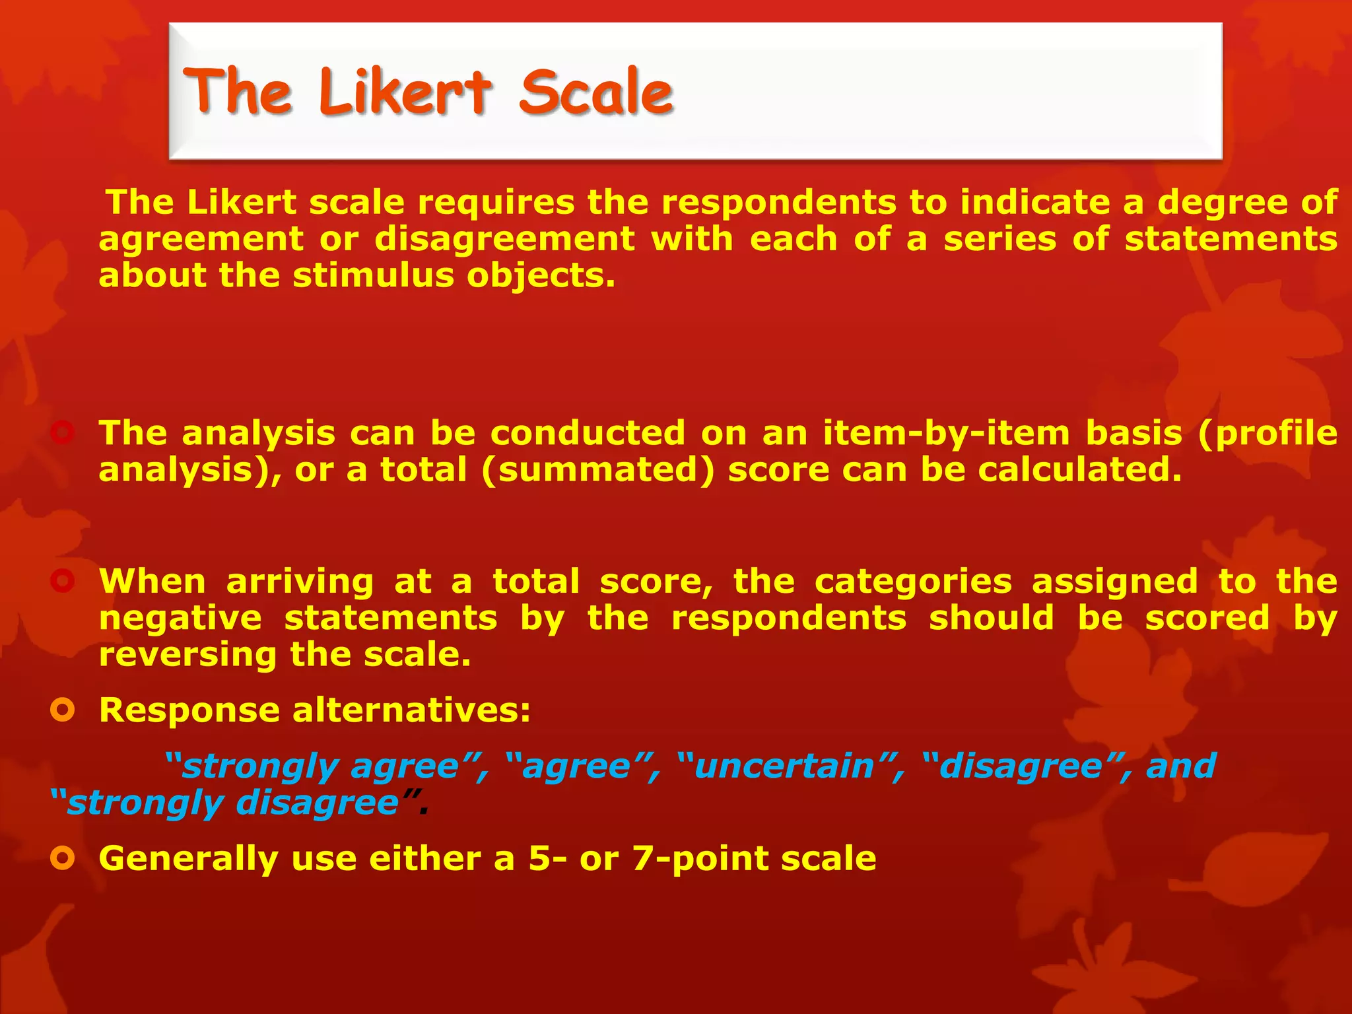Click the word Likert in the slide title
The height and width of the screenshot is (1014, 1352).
405,92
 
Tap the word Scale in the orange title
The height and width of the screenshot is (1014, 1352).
595,92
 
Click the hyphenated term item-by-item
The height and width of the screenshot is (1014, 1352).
946,434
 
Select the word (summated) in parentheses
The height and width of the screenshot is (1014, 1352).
597,471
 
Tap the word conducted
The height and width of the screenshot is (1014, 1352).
588,434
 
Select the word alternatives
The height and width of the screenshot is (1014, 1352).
411,711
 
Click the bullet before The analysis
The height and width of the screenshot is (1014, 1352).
63,434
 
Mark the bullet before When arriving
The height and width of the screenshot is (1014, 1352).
63,582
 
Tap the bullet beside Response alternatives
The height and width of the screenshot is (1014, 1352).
63,710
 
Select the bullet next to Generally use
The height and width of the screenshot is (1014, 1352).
63,859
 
